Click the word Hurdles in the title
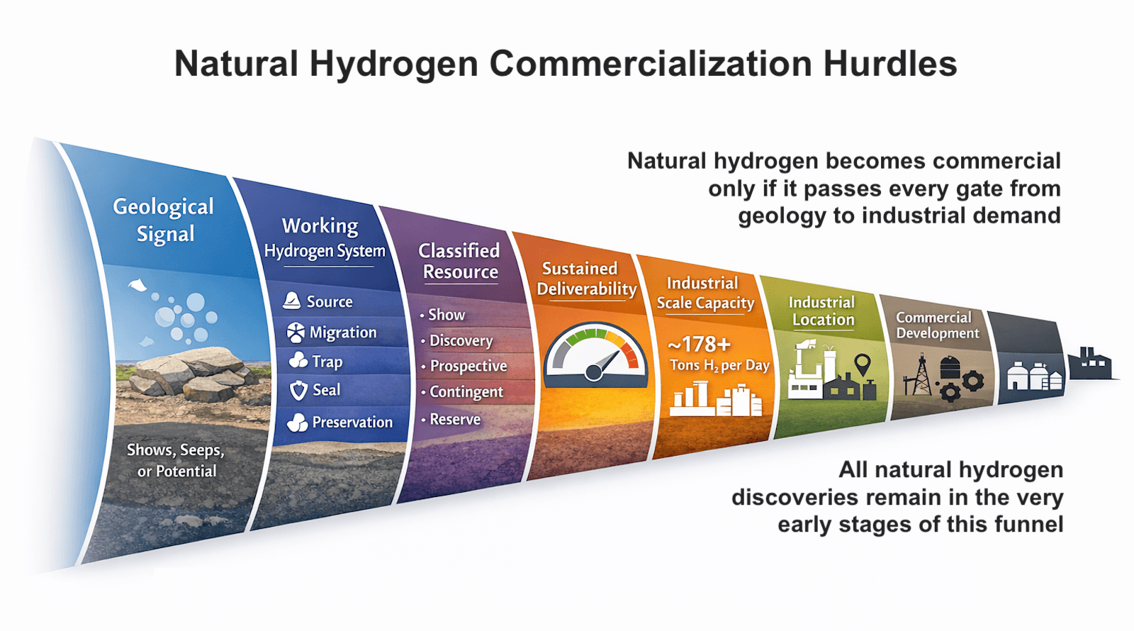tap(889, 64)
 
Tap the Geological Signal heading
tap(164, 220)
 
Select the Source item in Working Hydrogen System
tap(329, 301)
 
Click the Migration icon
tap(296, 332)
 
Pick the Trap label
tap(327, 362)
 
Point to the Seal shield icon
tap(298, 390)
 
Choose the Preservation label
tap(352, 422)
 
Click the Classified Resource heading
tap(459, 261)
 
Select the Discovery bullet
tap(461, 340)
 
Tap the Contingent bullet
tap(466, 391)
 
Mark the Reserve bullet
tap(454, 419)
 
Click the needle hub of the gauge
tap(594, 371)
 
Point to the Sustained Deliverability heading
tap(586, 279)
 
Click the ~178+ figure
tap(699, 344)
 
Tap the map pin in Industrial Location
tap(862, 364)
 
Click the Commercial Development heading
tap(936, 325)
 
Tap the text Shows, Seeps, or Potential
tap(176, 460)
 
